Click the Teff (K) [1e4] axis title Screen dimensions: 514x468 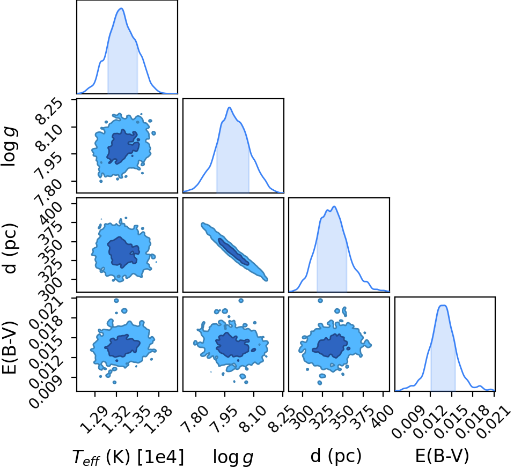coord(128,457)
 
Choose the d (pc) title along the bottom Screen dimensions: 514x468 coord(336,456)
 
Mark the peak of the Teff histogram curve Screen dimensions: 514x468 coord(121,8)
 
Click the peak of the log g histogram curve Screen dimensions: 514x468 coord(230,107)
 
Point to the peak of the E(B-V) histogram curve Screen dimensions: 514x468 coord(443,306)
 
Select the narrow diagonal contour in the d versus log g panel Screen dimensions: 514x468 coord(234,251)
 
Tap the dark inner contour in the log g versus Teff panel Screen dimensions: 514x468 coord(123,146)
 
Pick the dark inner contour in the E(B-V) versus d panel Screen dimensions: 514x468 coord(330,346)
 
